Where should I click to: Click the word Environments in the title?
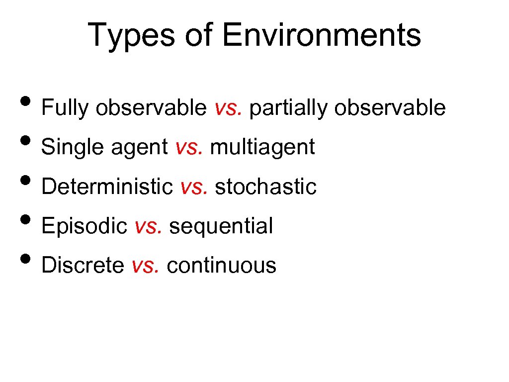pos(322,36)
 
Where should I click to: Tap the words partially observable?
pos(347,108)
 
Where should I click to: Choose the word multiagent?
pos(262,147)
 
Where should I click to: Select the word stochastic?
pos(265,187)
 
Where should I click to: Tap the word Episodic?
pos(85,226)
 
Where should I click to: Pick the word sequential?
pos(221,226)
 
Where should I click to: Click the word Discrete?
pos(83,266)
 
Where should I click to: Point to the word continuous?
pos(221,266)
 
